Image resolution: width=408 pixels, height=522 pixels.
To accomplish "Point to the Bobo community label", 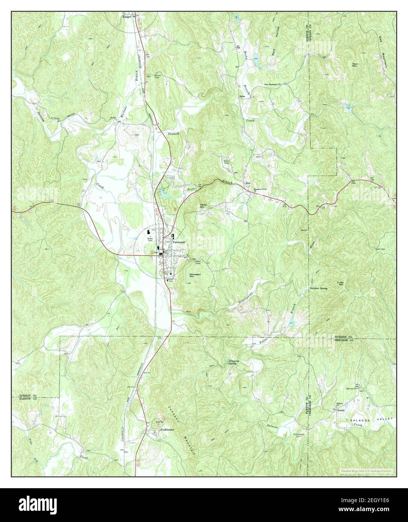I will click(242, 97).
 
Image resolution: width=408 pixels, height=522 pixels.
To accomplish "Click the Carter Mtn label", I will click(202, 206).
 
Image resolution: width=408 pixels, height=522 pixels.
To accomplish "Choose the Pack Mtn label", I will click(355, 65).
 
